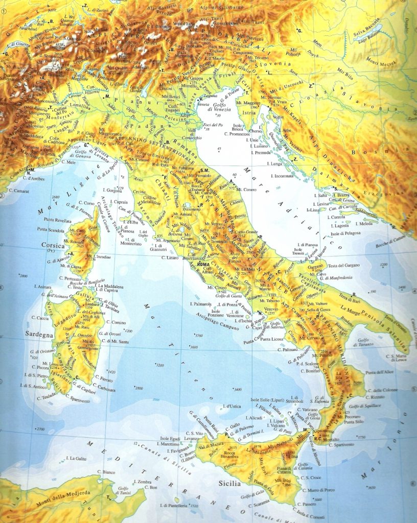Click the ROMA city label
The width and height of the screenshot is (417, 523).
tap(204, 264)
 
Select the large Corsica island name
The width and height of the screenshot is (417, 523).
tap(53, 246)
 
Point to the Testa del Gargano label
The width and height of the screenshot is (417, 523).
tap(343, 265)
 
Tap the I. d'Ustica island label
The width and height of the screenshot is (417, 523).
tap(232, 406)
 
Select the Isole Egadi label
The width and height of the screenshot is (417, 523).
tap(172, 438)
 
